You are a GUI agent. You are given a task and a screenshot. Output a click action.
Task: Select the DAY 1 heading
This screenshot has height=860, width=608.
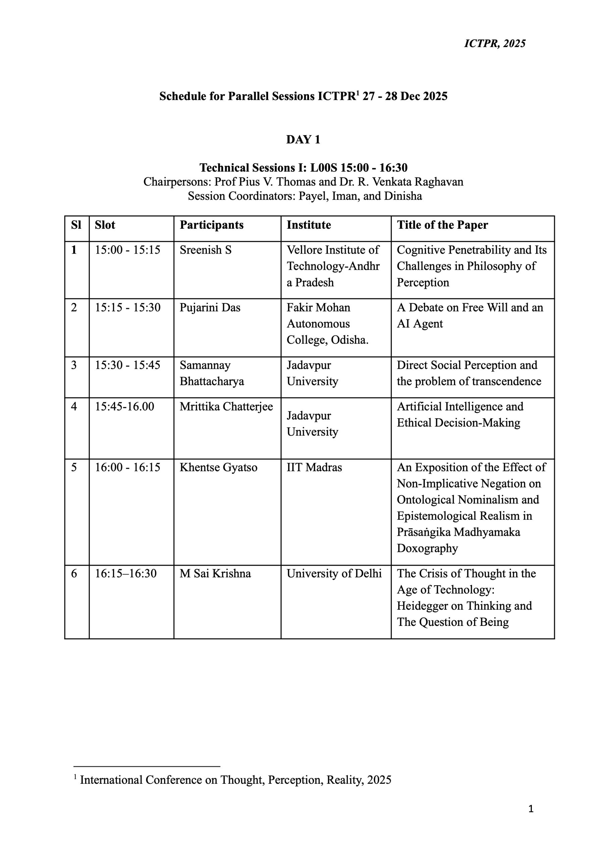coord(303,139)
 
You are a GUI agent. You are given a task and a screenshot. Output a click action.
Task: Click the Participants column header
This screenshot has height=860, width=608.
coord(211,225)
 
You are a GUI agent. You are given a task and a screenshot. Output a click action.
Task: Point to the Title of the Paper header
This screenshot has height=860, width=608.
coord(442,225)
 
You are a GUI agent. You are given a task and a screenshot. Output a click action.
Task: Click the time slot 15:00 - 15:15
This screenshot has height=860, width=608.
coord(127,250)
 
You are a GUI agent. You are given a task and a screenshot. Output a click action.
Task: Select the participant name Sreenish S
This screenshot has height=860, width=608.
coord(206,250)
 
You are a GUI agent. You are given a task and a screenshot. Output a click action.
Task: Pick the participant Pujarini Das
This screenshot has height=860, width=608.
coord(210,308)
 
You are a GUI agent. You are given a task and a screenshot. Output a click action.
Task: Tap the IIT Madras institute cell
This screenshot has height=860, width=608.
coord(314,467)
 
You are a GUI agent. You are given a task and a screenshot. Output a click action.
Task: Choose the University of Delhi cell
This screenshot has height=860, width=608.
coord(334,573)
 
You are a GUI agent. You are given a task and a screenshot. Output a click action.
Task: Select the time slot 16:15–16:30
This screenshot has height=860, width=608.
coord(125,573)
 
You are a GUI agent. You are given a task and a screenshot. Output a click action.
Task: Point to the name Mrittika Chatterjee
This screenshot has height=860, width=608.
coord(226,406)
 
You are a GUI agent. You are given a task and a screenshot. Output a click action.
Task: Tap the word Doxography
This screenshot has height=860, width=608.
coord(427,548)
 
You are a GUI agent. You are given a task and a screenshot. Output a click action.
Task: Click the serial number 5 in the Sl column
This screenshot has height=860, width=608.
coord(74,467)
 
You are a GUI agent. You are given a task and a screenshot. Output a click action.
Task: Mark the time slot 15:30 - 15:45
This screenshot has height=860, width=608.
coord(127,365)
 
